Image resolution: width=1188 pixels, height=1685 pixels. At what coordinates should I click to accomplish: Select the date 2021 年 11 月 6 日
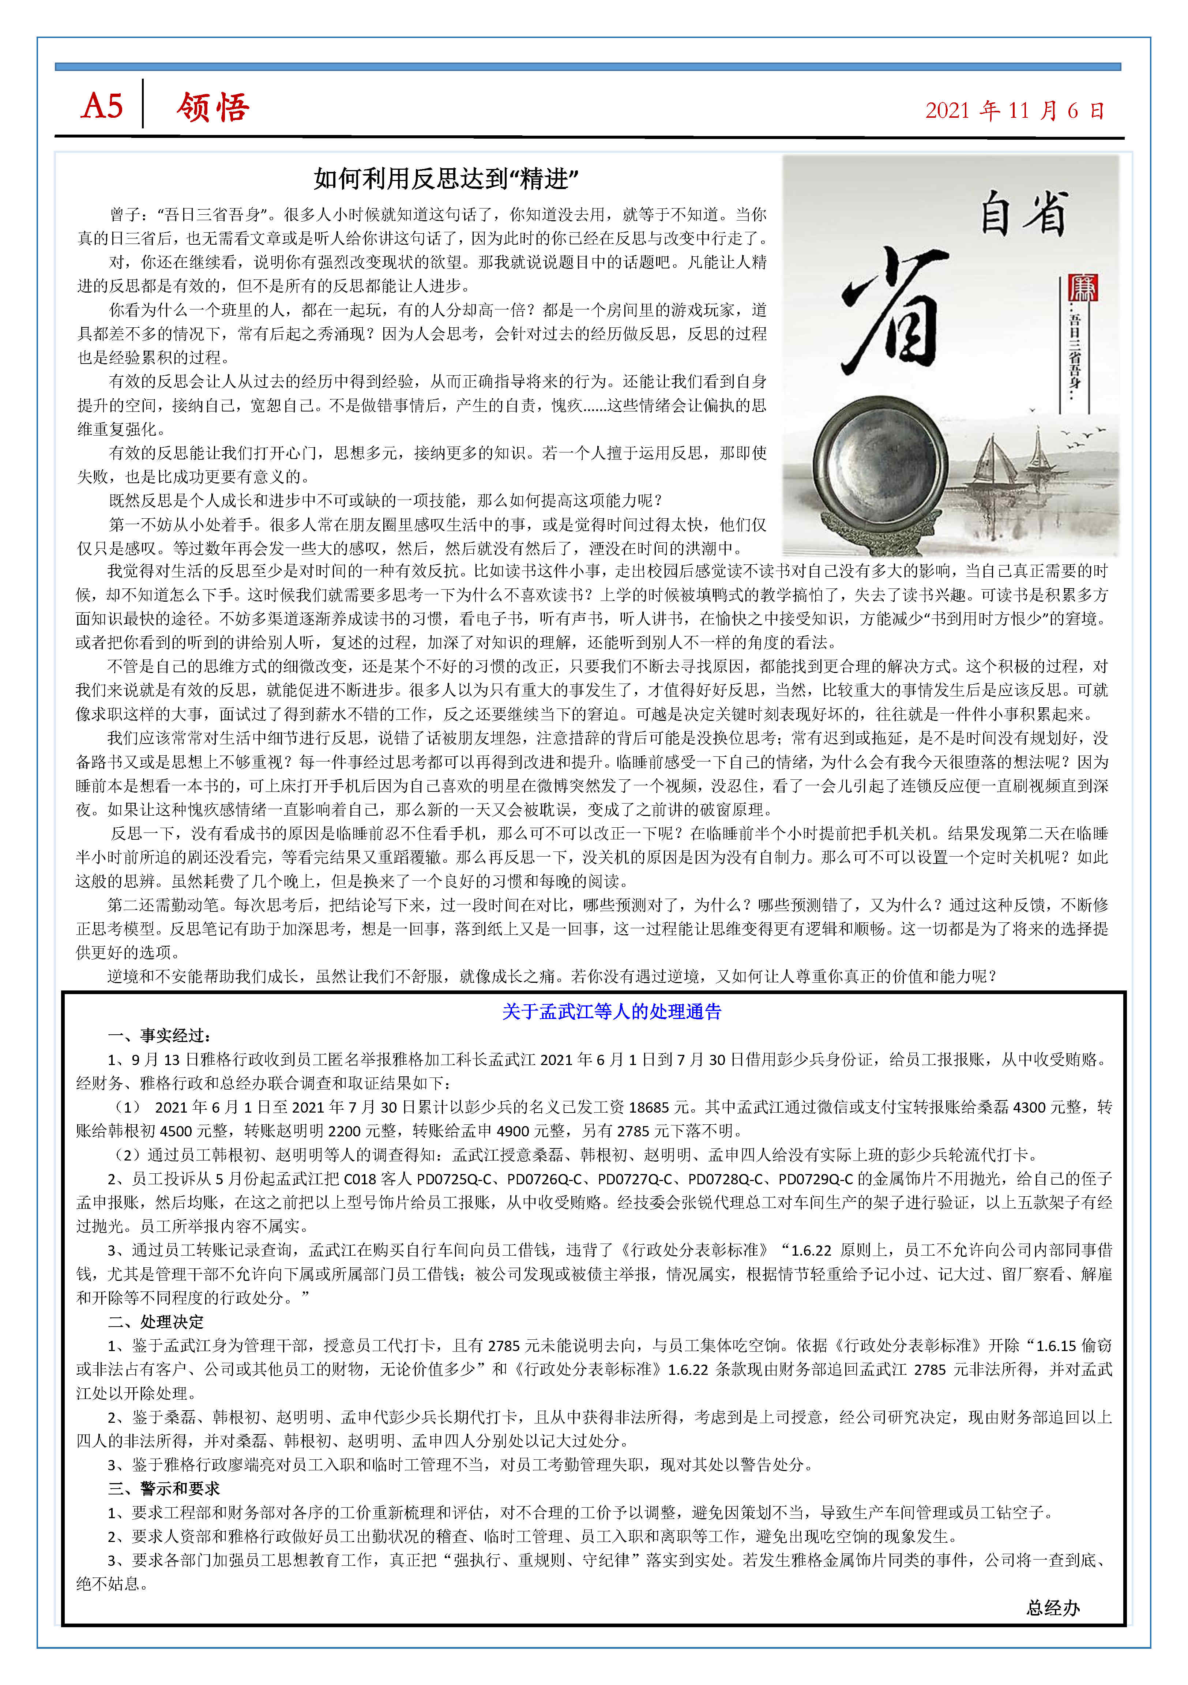[1014, 111]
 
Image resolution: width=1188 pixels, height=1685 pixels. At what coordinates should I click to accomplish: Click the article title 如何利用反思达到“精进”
[446, 178]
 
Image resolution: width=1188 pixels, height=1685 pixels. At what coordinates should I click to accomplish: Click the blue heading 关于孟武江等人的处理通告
[611, 1011]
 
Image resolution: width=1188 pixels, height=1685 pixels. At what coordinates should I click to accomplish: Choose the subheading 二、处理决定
[156, 1322]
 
